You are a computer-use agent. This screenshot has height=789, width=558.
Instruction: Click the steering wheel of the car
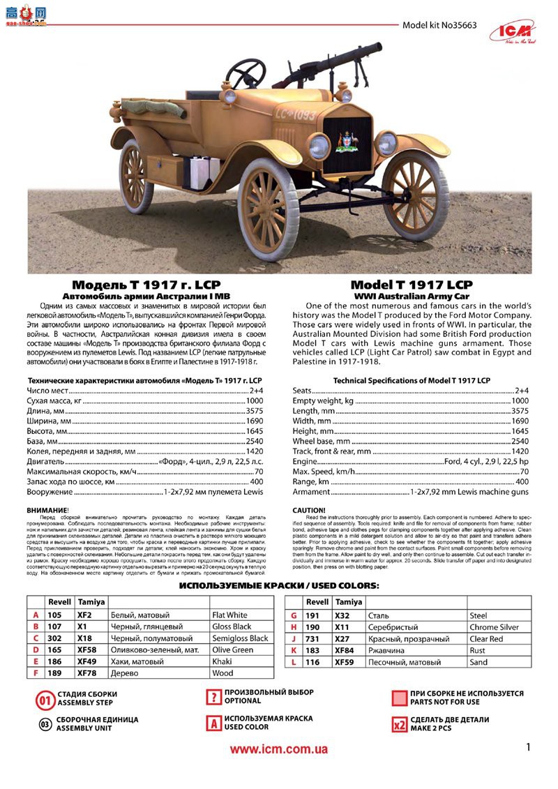point(246,72)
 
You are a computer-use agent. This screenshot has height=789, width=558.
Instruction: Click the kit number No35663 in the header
point(439,25)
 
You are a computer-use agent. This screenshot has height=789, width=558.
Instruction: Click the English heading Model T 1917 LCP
point(411,285)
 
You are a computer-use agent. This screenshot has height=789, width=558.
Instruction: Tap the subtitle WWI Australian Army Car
point(411,296)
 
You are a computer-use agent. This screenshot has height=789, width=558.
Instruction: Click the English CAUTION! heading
point(309,510)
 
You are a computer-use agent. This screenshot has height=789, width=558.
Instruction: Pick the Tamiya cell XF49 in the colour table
point(87,661)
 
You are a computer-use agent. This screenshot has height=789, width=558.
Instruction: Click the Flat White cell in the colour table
point(229,615)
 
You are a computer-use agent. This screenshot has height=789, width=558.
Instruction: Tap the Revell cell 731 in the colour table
point(312,638)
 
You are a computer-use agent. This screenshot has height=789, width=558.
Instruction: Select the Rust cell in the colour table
point(478,650)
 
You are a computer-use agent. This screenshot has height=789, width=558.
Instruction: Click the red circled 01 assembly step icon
point(45,700)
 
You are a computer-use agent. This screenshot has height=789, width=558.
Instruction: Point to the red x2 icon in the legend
point(399,724)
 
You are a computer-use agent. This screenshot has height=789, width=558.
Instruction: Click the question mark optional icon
point(213,698)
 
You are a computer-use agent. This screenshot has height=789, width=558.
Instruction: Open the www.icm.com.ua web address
point(279,749)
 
